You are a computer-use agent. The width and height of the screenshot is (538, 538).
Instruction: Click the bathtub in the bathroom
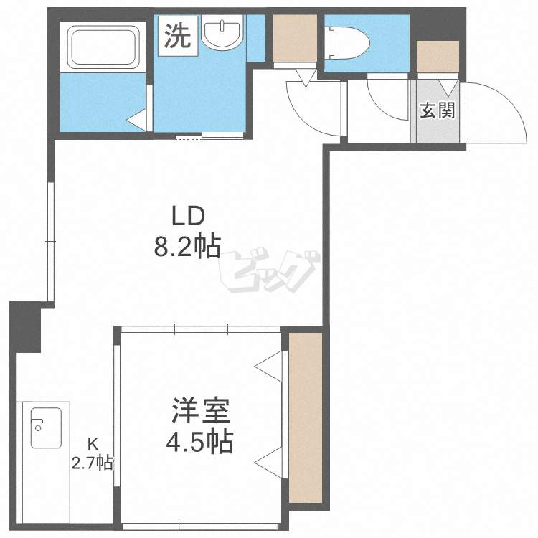point(103,47)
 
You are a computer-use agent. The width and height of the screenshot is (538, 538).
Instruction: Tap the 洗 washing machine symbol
point(178,36)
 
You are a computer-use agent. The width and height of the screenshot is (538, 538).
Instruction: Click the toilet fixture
point(346,43)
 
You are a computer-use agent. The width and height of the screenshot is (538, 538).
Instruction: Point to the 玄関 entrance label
point(438,110)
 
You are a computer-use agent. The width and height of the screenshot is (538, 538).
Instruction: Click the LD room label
point(188,216)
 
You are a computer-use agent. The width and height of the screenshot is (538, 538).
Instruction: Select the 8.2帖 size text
point(187,247)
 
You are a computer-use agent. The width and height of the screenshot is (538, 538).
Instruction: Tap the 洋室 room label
point(201,410)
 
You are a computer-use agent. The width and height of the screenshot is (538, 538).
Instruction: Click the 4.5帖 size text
point(200,441)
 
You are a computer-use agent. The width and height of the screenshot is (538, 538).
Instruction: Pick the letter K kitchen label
point(93,444)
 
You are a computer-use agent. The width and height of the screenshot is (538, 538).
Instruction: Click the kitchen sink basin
point(46,428)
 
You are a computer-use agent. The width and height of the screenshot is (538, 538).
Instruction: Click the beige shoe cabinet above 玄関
point(438,57)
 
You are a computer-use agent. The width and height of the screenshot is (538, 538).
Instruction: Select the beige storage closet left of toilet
point(295,38)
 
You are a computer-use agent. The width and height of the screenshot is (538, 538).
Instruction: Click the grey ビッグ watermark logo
point(269,271)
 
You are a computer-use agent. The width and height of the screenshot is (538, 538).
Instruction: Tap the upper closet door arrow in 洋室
point(268,367)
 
